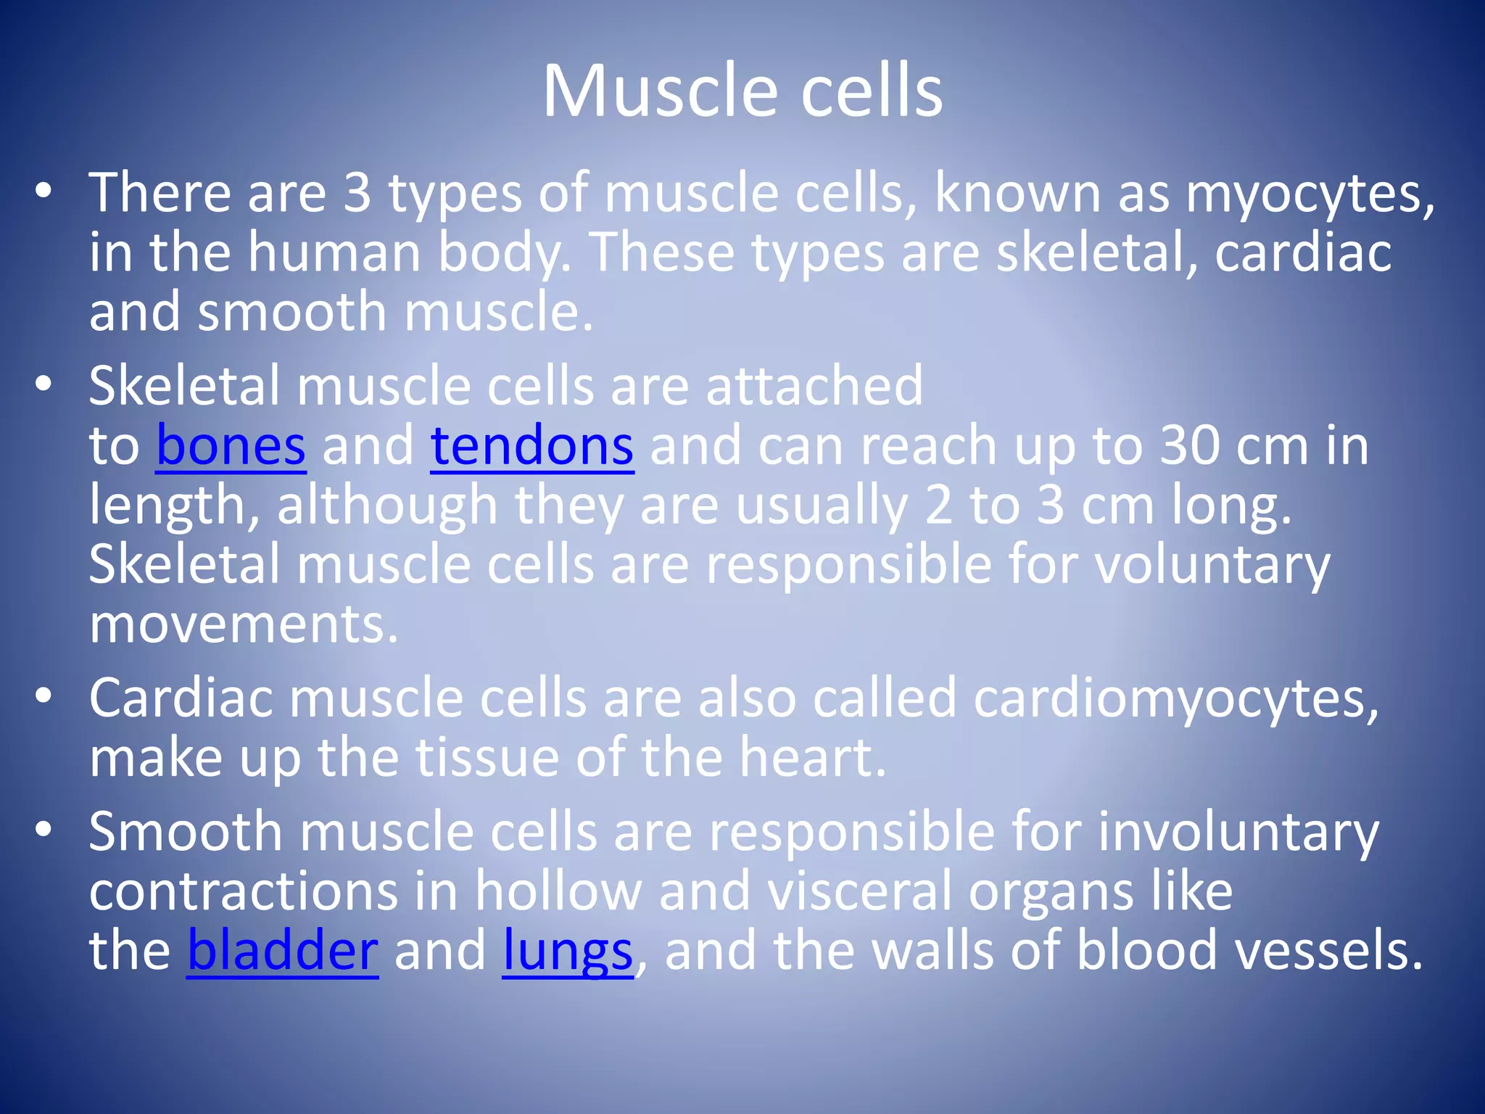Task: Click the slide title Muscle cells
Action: pyautogui.click(x=742, y=91)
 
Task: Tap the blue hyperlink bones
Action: pyautogui.click(x=231, y=446)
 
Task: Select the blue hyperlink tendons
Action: pyautogui.click(x=532, y=446)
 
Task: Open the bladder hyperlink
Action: pyautogui.click(x=283, y=951)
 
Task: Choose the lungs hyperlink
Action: pyautogui.click(x=568, y=951)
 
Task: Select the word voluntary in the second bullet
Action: pyautogui.click(x=1212, y=565)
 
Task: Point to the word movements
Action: pyautogui.click(x=244, y=624)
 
